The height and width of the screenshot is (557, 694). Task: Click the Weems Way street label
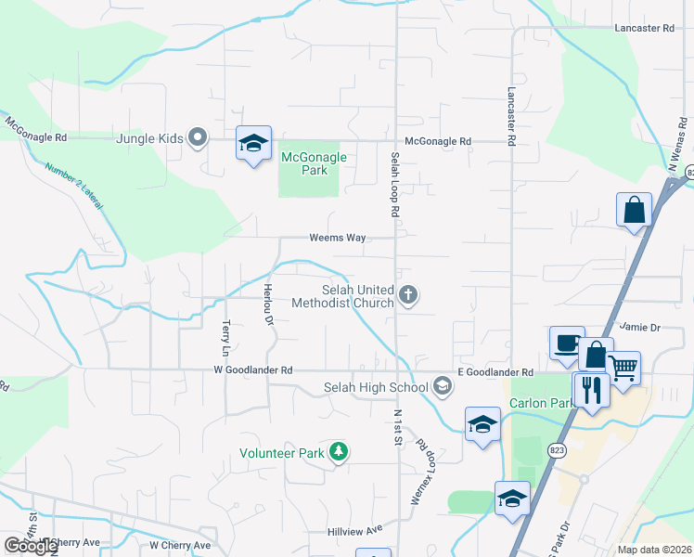337,238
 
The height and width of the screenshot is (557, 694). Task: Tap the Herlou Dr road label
268,304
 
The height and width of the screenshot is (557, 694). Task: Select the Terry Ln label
225,338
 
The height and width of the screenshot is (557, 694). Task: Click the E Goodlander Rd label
495,372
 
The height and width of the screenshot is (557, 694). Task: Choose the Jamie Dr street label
639,328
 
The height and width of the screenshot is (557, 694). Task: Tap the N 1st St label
397,426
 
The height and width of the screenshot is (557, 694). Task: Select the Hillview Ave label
354,530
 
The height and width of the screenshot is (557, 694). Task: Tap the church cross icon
409,296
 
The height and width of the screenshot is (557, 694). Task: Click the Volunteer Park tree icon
340,452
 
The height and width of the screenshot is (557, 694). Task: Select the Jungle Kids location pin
197,138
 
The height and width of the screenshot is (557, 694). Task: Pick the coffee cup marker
566,343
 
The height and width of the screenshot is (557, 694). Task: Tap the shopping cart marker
623,368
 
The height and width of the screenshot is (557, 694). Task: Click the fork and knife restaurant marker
590,388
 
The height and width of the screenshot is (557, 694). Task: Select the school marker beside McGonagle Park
253,143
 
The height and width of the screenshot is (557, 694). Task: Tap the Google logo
30,546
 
